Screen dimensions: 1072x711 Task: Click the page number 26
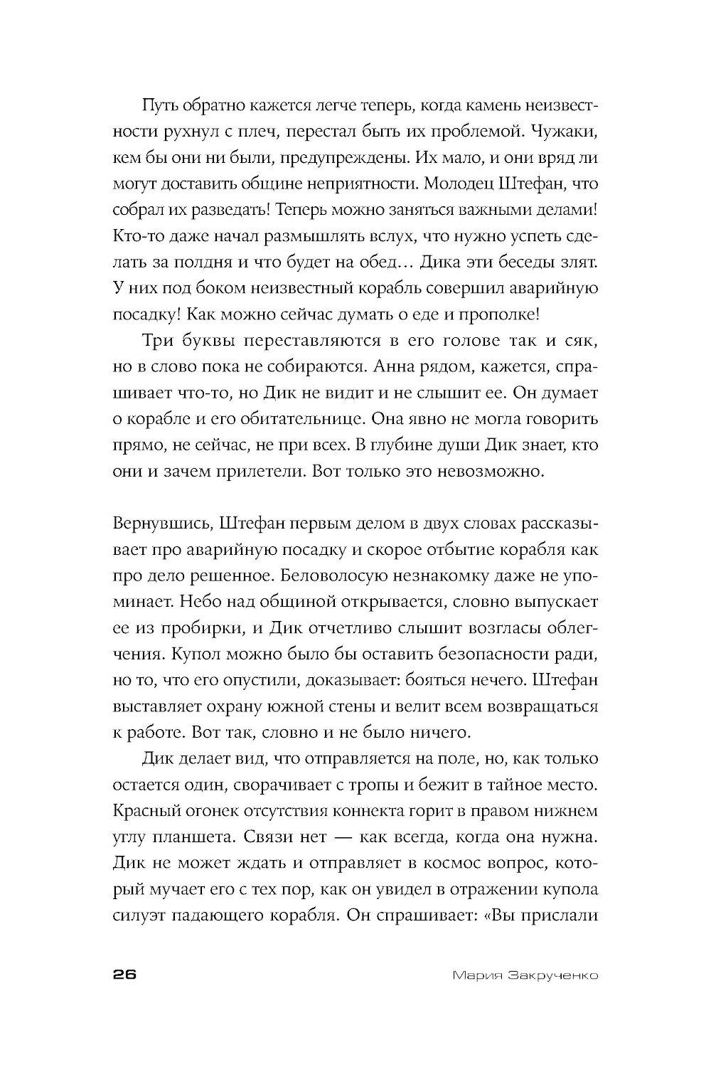[124, 975]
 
